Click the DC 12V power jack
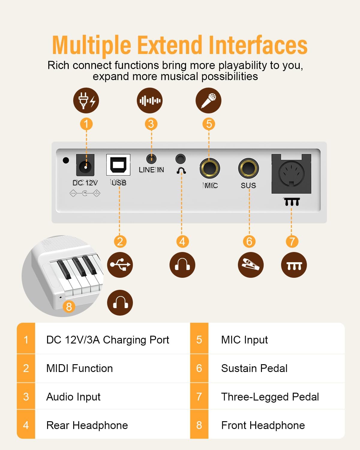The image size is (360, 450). point(85,165)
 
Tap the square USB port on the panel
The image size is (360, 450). point(118,165)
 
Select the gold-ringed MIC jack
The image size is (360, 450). point(209,169)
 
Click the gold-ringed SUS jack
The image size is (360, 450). point(248,168)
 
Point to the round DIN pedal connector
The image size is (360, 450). point(291,174)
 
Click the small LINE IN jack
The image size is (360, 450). point(151,159)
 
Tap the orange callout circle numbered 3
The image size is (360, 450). point(151,124)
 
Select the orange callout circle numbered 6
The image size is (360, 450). point(249,241)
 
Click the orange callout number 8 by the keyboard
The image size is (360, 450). point(69,307)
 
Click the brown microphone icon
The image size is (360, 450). point(208,100)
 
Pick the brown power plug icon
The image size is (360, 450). point(86,100)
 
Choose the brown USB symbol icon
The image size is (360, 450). point(120,265)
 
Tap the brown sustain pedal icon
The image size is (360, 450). point(251,265)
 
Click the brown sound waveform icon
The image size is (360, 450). point(150,100)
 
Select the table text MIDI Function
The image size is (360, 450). point(79,368)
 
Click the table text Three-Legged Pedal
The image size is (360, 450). point(270,397)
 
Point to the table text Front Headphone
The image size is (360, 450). point(263,425)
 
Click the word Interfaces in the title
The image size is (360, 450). point(258,45)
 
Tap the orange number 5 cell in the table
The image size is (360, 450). point(199,340)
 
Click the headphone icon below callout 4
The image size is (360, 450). point(182,265)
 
